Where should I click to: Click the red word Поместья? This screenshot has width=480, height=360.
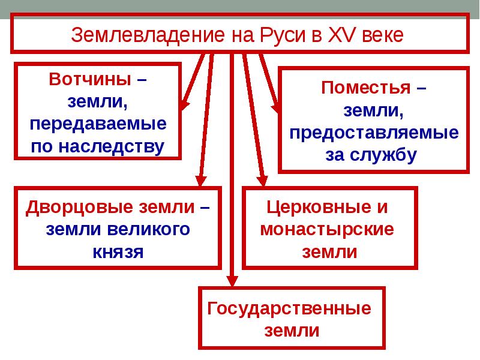coord(366,88)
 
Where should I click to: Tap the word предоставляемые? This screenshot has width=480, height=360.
coord(374,132)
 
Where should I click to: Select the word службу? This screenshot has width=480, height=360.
coord(389,155)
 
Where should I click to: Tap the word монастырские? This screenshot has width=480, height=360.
coord(328,229)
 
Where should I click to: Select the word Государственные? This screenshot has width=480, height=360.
coord(289,309)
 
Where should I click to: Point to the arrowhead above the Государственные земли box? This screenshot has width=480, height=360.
coord(232,280)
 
